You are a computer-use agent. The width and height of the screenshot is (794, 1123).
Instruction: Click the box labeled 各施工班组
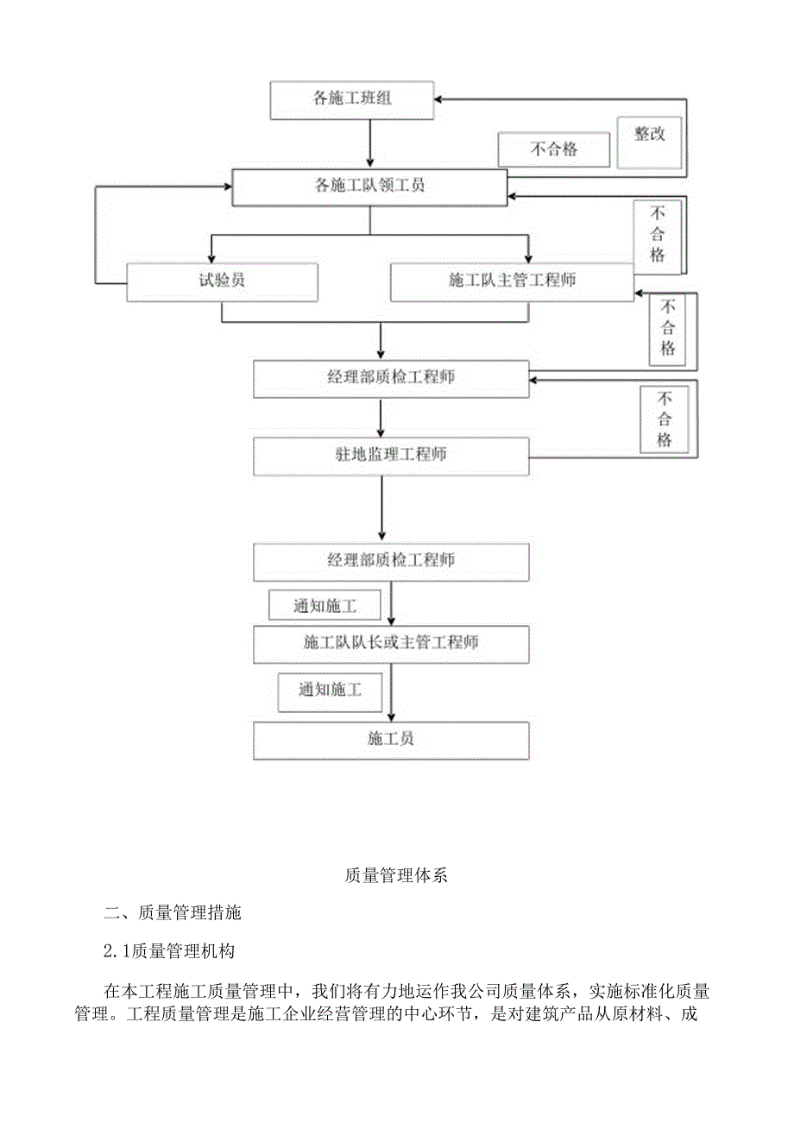pyautogui.click(x=352, y=99)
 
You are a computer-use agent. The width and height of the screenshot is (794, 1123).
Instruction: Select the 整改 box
pyautogui.click(x=649, y=135)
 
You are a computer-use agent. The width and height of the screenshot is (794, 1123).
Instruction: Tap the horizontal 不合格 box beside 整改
pyautogui.click(x=553, y=149)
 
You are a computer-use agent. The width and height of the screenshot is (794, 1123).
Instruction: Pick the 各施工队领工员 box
pyautogui.click(x=369, y=186)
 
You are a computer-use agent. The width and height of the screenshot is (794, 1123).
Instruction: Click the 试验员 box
pyautogui.click(x=222, y=281)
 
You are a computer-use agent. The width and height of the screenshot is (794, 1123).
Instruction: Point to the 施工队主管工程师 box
pyautogui.click(x=512, y=281)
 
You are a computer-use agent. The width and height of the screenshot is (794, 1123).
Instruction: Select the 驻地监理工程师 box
pyautogui.click(x=391, y=455)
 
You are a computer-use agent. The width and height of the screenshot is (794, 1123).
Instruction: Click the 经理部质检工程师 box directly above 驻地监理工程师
pyautogui.click(x=391, y=378)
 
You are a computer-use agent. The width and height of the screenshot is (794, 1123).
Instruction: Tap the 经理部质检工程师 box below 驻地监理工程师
pyautogui.click(x=391, y=561)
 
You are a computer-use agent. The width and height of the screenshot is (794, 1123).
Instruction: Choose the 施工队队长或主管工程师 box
pyautogui.click(x=391, y=642)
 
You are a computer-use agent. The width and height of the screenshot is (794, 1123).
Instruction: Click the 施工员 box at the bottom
pyautogui.click(x=391, y=740)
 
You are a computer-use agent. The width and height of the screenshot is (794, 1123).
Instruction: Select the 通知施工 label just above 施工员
pyautogui.click(x=330, y=691)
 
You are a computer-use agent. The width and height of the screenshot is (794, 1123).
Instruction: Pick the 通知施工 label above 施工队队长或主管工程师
pyautogui.click(x=325, y=606)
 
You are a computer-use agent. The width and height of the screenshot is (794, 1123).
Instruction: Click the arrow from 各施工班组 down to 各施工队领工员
pyautogui.click(x=370, y=142)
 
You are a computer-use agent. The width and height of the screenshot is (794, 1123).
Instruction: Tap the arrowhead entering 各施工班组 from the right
pyautogui.click(x=440, y=98)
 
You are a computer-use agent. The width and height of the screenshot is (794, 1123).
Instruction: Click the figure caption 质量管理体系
pyautogui.click(x=396, y=875)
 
